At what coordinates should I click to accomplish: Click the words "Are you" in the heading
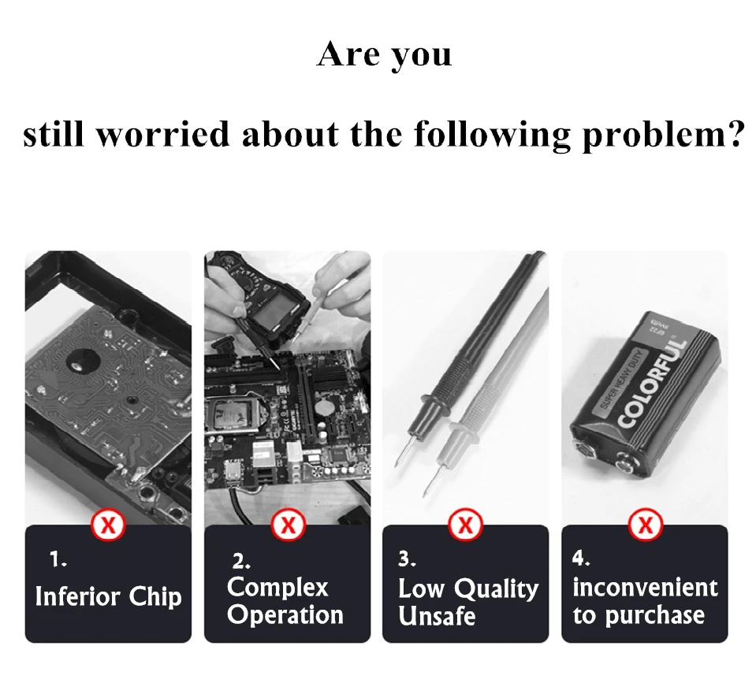pyautogui.click(x=385, y=55)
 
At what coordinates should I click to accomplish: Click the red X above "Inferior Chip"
pyautogui.click(x=109, y=525)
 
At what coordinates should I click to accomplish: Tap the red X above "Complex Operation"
pyautogui.click(x=288, y=525)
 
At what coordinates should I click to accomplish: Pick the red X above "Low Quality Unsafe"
pyautogui.click(x=466, y=525)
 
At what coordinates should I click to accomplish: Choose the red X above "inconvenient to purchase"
pyautogui.click(x=645, y=525)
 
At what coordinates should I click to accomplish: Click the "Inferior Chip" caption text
pyautogui.click(x=108, y=596)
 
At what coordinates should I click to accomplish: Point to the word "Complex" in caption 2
pyautogui.click(x=277, y=587)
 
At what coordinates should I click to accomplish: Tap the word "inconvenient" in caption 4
pyautogui.click(x=645, y=587)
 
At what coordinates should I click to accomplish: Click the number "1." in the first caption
pyautogui.click(x=58, y=560)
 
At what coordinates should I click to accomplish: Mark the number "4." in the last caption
pyautogui.click(x=581, y=559)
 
